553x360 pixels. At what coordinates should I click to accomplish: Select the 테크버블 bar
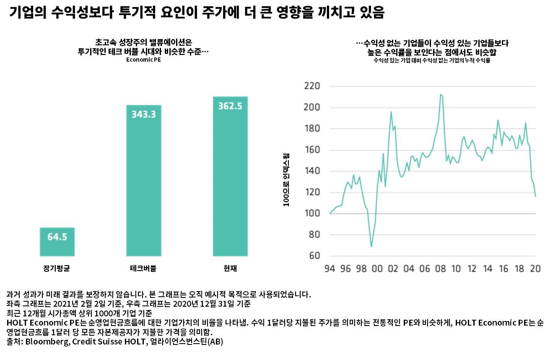143,180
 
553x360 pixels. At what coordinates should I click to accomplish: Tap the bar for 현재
230,176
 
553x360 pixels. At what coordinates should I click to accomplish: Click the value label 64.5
57,237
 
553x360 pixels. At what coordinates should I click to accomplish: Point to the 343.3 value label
143,114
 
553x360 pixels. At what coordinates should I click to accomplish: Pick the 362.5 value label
230,106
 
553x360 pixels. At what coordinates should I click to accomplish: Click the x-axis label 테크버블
143,269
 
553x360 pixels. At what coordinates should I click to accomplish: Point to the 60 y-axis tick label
314,256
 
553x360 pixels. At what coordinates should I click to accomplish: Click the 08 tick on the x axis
440,269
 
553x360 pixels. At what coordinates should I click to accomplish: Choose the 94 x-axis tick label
330,269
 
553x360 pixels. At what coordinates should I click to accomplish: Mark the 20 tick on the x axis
535,269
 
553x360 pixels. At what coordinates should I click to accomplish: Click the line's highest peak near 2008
441,94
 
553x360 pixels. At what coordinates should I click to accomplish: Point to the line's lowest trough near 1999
371,246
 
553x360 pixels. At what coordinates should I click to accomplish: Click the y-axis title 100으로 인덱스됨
286,180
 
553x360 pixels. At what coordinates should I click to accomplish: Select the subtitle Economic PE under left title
143,60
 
